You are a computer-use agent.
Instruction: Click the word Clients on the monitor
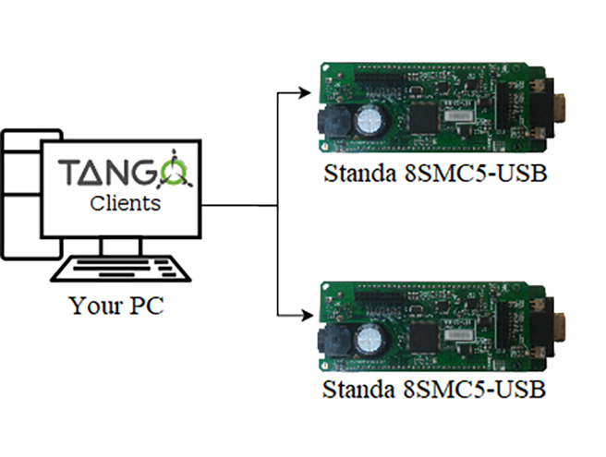pyautogui.click(x=125, y=202)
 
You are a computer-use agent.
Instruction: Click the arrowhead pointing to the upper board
pyautogui.click(x=307, y=91)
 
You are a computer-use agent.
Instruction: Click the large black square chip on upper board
pyautogui.click(x=424, y=116)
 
